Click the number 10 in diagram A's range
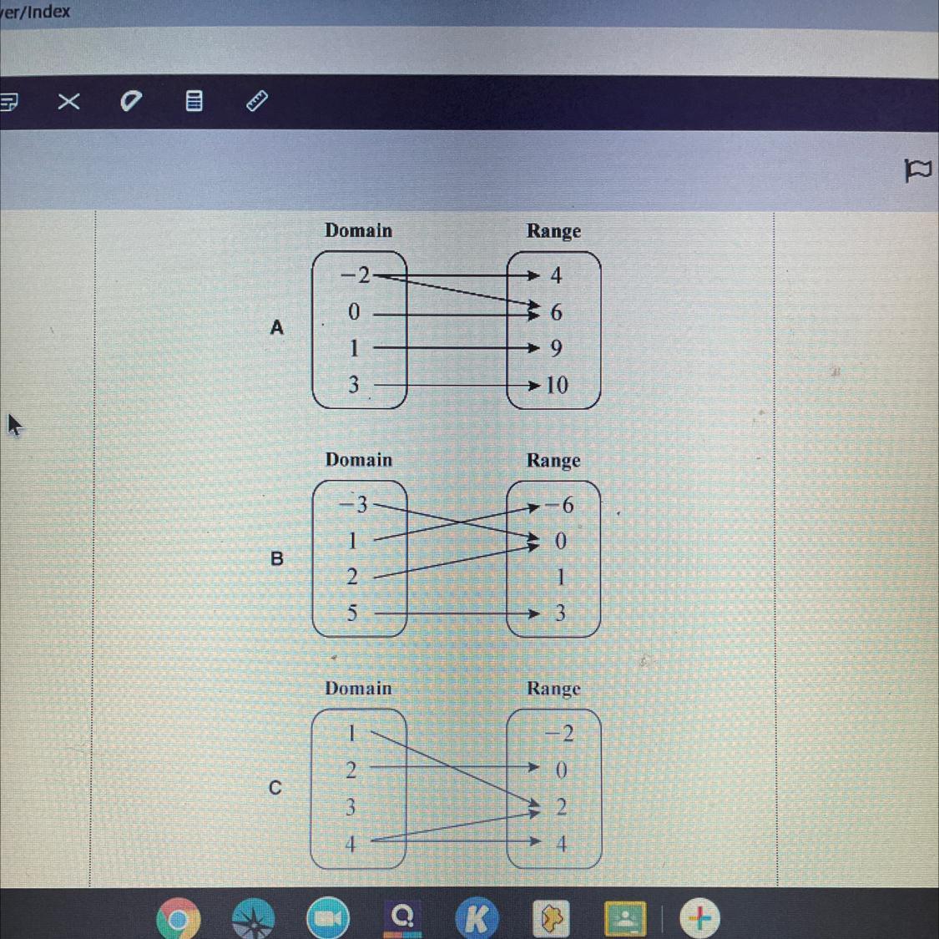557,385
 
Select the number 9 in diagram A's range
556,348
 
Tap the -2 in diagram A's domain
356,275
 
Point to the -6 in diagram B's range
560,505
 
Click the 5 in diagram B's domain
352,613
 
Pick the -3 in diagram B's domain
353,504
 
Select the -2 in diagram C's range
560,734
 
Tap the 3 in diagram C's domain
351,807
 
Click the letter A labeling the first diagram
277,327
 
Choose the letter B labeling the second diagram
277,558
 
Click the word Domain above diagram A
358,230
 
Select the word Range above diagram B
553,460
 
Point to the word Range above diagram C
553,689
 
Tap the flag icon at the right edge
917,170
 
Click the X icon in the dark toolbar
68,102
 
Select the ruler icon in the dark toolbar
257,101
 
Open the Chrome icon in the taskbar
178,920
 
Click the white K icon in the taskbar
477,919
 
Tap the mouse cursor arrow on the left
13,425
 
